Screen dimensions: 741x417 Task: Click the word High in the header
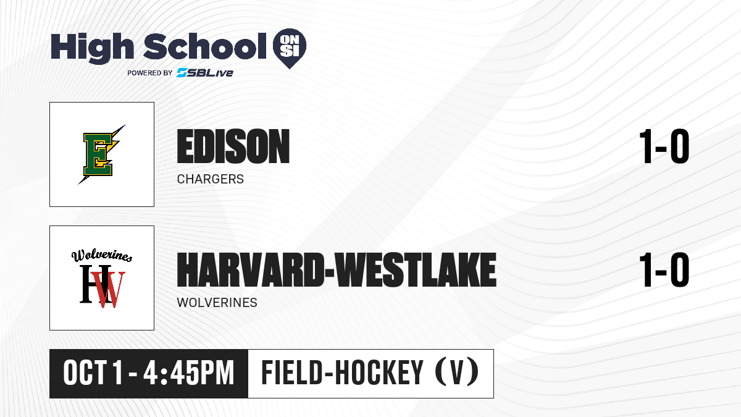92,48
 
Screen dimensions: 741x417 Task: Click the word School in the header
205,46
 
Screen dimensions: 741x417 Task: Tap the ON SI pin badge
290,48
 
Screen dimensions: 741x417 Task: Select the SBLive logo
204,73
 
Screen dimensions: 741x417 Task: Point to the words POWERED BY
150,73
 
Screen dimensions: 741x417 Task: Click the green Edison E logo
100,154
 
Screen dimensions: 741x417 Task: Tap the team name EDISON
233,146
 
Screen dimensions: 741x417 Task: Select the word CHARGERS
211,179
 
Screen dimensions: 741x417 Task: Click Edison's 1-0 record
664,146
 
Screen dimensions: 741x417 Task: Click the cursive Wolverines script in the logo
102,255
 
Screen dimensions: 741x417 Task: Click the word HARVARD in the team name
251,270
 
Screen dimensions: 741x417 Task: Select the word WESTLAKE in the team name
416,270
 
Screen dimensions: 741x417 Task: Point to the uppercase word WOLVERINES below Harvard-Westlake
217,303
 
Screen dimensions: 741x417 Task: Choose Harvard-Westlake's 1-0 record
664,270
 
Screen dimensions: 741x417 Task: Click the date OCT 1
93,373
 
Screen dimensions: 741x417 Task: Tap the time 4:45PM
188,373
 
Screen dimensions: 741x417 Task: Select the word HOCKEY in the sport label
379,373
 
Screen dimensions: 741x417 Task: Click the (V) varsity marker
457,373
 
